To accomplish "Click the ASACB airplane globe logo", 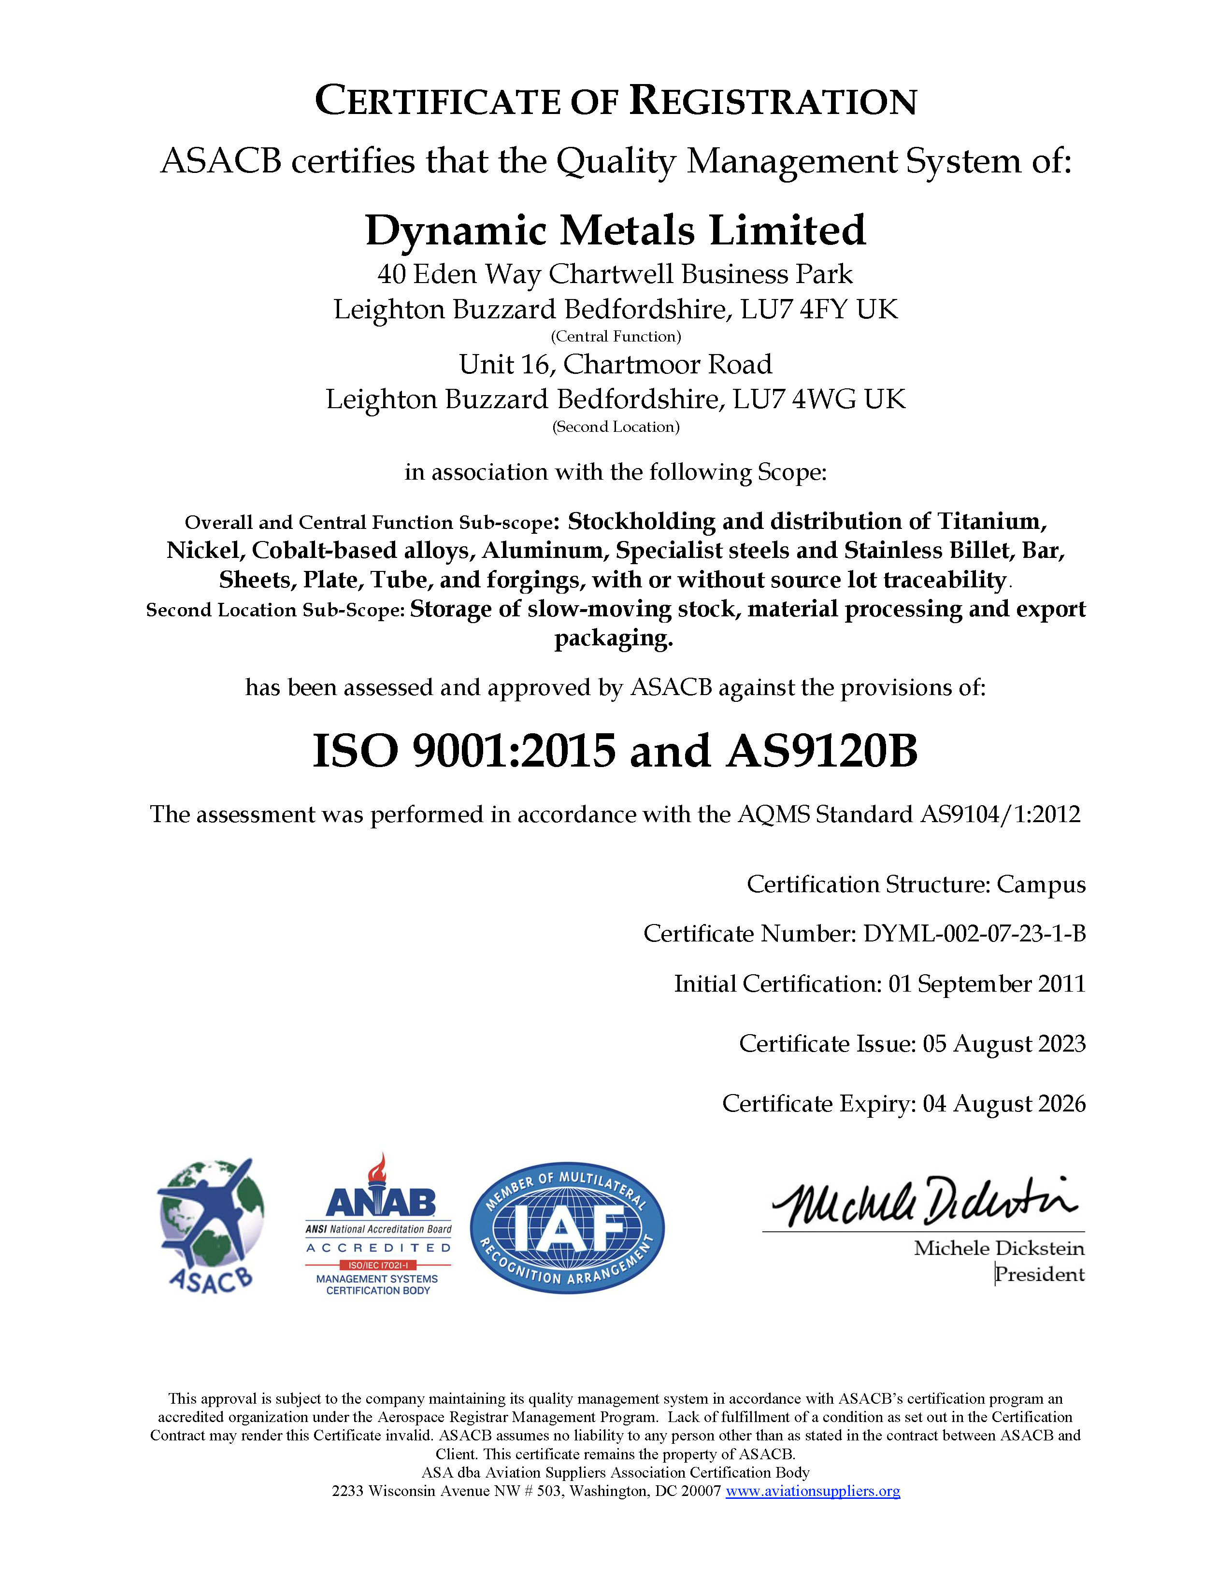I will pos(210,1226).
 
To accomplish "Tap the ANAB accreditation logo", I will pos(378,1226).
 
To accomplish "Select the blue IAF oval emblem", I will pos(567,1227).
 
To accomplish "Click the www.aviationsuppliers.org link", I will pos(812,1491).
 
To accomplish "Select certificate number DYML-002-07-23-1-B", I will pos(974,934).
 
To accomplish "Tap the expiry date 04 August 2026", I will pos(1004,1104).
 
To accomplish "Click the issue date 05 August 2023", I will pos(1004,1044).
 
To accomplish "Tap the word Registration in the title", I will pos(773,101).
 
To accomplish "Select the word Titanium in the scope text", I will pos(992,521).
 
